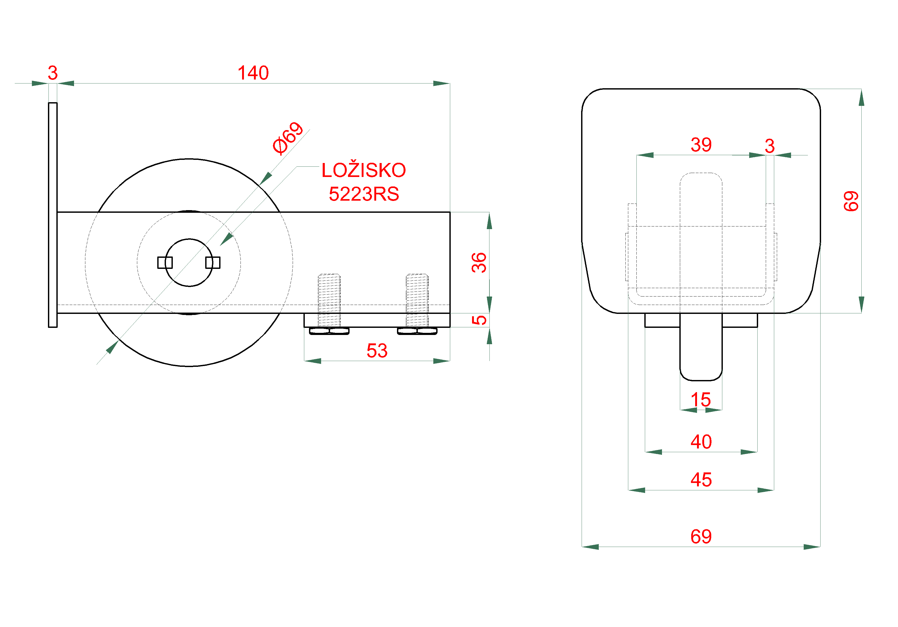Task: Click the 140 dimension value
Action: [253, 73]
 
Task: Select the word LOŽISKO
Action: [364, 170]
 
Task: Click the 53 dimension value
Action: [377, 351]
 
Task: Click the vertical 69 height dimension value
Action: [851, 201]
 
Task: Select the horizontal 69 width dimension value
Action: [701, 537]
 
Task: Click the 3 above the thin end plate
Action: [53, 73]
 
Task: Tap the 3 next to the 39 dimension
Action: [770, 146]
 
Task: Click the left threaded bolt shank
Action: [329, 300]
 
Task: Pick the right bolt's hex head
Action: [417, 331]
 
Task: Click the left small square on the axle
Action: [165, 263]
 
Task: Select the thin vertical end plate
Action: [53, 215]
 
